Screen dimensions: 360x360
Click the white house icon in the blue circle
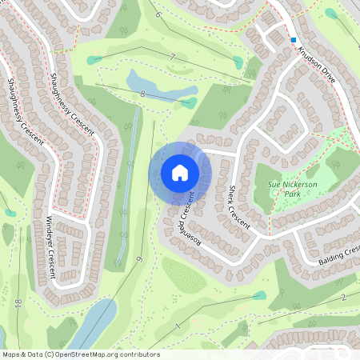coord(180,172)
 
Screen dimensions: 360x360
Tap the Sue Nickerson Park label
coord(291,189)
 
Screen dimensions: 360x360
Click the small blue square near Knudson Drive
coord(294,39)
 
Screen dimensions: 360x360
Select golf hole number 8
coord(142,94)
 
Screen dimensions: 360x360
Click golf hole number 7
coord(172,56)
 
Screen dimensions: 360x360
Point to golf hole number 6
coord(158,15)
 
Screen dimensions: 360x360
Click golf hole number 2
coord(342,297)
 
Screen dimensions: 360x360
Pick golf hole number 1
coord(177,326)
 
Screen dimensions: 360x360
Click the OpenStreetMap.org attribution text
coord(104,354)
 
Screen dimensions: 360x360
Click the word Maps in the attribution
coord(12,354)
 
